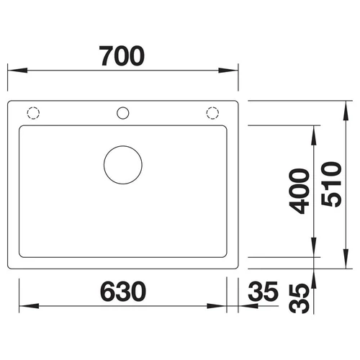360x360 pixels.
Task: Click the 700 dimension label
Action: click(122, 56)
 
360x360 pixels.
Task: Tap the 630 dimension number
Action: click(123, 292)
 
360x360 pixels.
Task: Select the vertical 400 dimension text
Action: click(299, 191)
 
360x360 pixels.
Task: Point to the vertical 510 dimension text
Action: click(331, 184)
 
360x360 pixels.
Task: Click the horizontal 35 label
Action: click(263, 292)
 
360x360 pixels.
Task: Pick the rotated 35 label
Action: click(299, 299)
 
